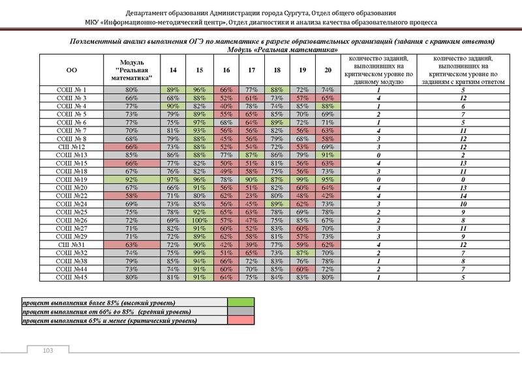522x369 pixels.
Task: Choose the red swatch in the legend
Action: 239,321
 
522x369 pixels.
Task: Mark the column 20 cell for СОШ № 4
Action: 328,106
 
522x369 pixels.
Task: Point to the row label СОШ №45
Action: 72,278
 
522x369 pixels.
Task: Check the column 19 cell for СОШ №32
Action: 302,252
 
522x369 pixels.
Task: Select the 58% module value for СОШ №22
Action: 132,195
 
